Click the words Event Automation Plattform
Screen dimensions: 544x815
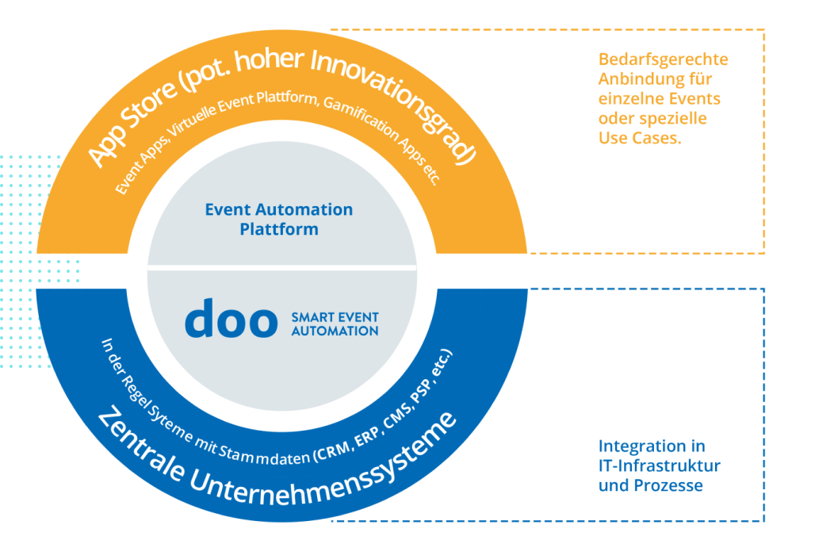tap(279, 220)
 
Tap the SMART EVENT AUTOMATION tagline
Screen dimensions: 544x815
tap(335, 324)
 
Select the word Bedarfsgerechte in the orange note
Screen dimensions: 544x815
tap(663, 60)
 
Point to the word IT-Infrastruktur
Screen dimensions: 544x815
tap(659, 465)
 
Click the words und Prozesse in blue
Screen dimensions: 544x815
tap(650, 485)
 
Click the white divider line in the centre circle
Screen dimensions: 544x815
tap(282, 269)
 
